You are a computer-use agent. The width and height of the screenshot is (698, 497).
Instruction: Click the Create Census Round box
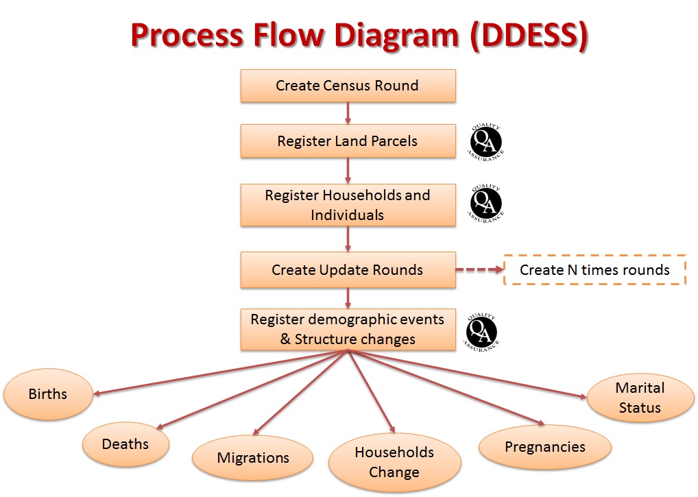pos(348,86)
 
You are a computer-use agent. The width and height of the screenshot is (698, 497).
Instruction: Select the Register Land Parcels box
pos(348,141)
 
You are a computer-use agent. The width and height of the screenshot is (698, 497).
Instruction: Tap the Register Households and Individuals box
pos(348,205)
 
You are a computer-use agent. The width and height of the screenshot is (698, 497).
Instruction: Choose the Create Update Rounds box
pos(348,270)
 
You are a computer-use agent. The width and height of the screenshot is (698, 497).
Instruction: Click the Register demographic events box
pos(348,330)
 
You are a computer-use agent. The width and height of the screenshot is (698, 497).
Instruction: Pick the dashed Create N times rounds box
pos(594,270)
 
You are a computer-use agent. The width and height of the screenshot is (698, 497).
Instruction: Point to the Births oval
pos(48,394)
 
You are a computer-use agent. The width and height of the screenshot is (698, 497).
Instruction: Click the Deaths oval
pos(125,444)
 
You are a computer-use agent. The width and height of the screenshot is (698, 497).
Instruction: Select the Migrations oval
pos(253,458)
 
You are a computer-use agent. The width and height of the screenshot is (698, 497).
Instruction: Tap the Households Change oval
pos(394,462)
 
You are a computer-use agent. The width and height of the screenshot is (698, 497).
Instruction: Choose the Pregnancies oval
pos(545,447)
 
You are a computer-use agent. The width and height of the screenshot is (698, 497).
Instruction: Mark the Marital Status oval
pos(639,398)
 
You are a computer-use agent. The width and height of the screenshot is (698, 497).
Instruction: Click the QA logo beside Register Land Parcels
pos(485,143)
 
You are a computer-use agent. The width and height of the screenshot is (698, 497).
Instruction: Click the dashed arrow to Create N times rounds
pos(479,270)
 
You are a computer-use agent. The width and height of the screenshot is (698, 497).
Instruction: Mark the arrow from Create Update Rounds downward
pos(348,298)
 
